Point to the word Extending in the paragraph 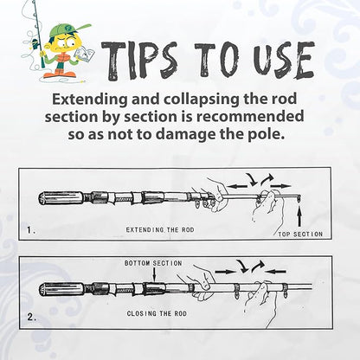pyautogui.click(x=89, y=99)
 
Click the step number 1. pyautogui.click(x=32, y=230)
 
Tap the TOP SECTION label pyautogui.click(x=299, y=234)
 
